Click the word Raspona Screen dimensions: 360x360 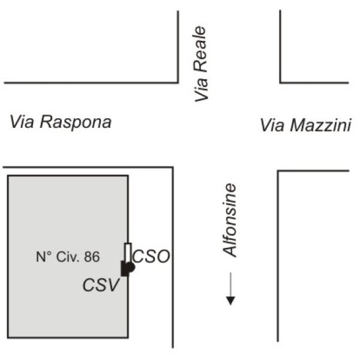[76, 122]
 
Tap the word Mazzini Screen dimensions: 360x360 [320, 125]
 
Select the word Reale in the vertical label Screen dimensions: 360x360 [200, 49]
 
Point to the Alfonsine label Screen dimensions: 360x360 [229, 220]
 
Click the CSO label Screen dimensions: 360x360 [151, 256]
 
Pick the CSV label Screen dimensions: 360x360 [101, 285]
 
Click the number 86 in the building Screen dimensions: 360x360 [92, 257]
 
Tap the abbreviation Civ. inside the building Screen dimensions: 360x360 [68, 257]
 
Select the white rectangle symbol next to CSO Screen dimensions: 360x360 [128, 253]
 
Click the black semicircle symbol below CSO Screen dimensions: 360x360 [131, 267]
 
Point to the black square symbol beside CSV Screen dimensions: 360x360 [125, 268]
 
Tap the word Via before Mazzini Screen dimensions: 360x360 [272, 125]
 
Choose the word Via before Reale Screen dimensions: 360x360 [201, 89]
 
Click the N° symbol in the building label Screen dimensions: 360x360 [44, 257]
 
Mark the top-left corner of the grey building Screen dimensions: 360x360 [8, 176]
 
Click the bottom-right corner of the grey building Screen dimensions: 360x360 [128, 337]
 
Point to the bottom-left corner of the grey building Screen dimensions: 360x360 [8, 337]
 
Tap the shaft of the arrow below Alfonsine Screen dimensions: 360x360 [230, 284]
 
